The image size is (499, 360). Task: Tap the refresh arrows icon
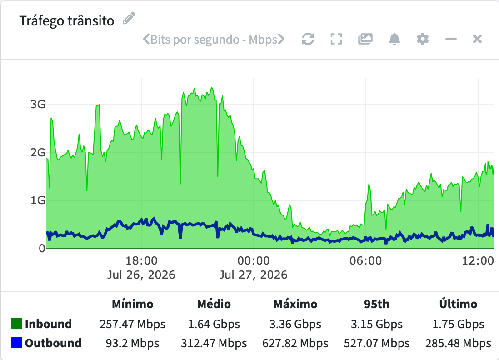click(x=308, y=39)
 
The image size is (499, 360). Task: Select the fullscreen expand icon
click(x=336, y=39)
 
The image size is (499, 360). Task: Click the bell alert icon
click(x=394, y=39)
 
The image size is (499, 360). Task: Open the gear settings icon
click(x=423, y=39)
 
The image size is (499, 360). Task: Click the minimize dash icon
click(x=451, y=39)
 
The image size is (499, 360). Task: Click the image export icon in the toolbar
click(x=365, y=39)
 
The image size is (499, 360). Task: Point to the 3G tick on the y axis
click(x=38, y=105)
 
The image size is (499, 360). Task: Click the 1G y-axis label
click(x=38, y=200)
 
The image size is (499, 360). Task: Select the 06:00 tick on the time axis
click(x=366, y=261)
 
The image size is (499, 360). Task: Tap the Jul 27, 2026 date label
click(x=253, y=275)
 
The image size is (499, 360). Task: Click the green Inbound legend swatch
click(x=16, y=323)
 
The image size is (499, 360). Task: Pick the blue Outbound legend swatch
click(x=16, y=342)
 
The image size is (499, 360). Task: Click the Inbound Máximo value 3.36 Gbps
click(x=295, y=324)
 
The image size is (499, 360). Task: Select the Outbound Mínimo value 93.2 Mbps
click(x=132, y=343)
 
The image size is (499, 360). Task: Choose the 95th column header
click(x=377, y=304)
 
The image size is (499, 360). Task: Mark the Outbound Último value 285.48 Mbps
click(x=458, y=343)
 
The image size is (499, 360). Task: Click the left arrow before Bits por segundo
click(x=146, y=39)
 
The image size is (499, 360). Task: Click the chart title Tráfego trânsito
click(x=67, y=21)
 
